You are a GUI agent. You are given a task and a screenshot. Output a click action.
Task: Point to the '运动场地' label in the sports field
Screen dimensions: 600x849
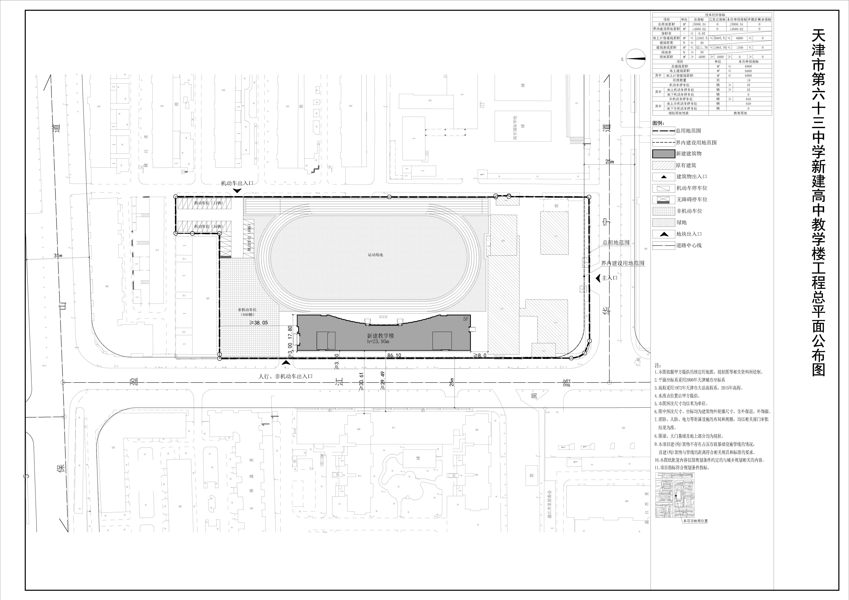375,255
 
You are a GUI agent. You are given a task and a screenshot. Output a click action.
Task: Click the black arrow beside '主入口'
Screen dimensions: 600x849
598,278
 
